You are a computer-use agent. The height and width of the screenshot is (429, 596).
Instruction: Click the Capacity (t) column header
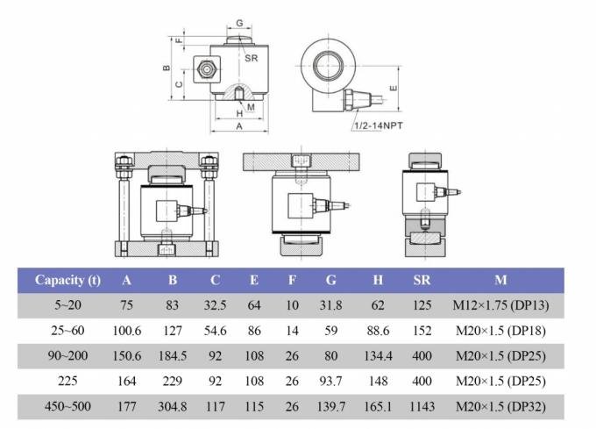[x=67, y=280]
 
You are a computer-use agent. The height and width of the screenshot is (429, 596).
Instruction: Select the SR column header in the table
[x=421, y=280]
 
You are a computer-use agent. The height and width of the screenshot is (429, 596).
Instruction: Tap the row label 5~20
[x=67, y=306]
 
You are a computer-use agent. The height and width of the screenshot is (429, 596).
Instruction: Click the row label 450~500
[x=67, y=406]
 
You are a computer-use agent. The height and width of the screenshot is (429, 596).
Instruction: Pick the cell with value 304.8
[x=172, y=406]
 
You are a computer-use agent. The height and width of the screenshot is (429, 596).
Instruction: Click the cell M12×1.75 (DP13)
[x=500, y=306]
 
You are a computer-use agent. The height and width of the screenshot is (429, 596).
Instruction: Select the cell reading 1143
[x=421, y=406]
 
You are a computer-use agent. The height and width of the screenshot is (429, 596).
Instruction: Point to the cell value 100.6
[x=127, y=332]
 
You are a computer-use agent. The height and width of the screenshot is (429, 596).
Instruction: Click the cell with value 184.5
[x=172, y=357]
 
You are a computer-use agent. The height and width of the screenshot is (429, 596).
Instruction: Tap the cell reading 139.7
[x=330, y=406]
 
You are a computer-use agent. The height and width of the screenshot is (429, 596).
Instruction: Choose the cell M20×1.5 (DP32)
[x=500, y=406]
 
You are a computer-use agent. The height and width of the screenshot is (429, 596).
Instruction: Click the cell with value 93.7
[x=330, y=382]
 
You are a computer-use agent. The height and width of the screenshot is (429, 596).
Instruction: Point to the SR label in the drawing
[x=252, y=58]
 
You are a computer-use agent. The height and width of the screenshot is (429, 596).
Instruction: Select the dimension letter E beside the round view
[x=395, y=89]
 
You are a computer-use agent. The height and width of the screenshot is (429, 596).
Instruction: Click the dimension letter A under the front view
[x=239, y=126]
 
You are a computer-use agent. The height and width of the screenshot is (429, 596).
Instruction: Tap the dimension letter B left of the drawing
[x=167, y=68]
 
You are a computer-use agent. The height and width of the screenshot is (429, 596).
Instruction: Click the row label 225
[x=67, y=382]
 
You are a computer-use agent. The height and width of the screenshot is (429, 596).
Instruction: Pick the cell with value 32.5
[x=215, y=306]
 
